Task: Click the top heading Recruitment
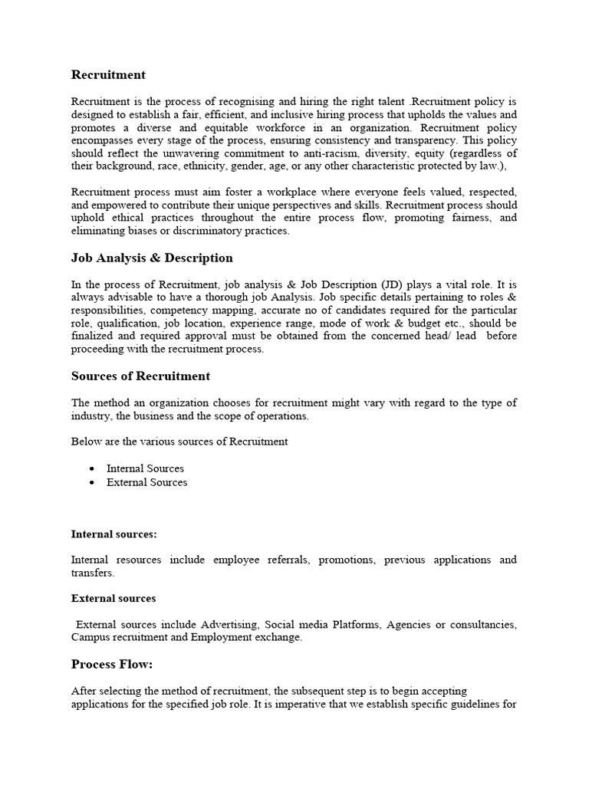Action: click(108, 74)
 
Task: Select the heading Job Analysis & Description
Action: click(152, 258)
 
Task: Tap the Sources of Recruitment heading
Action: click(140, 376)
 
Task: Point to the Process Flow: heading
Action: click(112, 664)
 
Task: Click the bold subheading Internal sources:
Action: click(114, 534)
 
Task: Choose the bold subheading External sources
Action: click(114, 598)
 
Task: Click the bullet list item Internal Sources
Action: click(145, 468)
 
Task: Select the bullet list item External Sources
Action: click(146, 482)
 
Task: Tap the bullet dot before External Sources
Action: click(92, 482)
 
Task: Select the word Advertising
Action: click(230, 625)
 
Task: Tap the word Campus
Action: click(90, 637)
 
